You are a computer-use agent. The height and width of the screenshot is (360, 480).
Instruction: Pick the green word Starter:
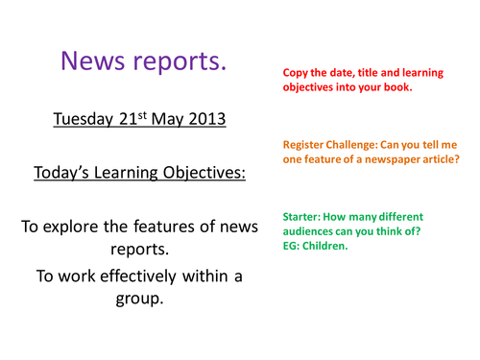[x=303, y=217]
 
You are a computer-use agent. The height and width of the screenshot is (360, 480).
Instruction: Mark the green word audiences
[x=306, y=232]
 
